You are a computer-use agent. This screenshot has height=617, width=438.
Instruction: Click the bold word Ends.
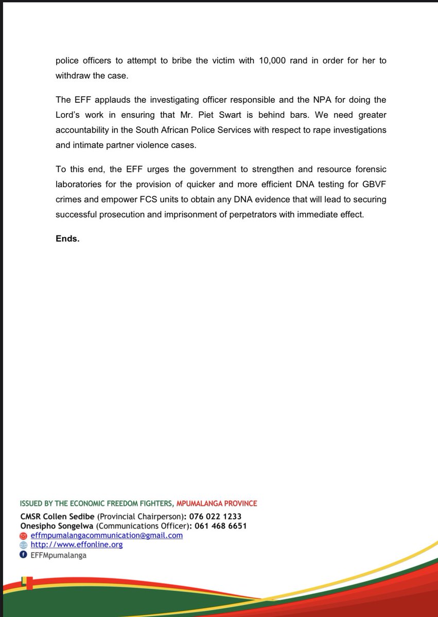tap(67, 239)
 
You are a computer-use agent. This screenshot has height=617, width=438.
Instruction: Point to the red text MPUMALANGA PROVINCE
tap(216, 503)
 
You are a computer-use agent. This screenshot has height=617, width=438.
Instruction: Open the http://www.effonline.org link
tap(76, 545)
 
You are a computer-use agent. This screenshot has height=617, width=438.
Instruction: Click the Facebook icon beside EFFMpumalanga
tap(23, 555)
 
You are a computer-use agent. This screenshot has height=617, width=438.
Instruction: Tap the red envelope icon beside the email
tap(23, 535)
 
